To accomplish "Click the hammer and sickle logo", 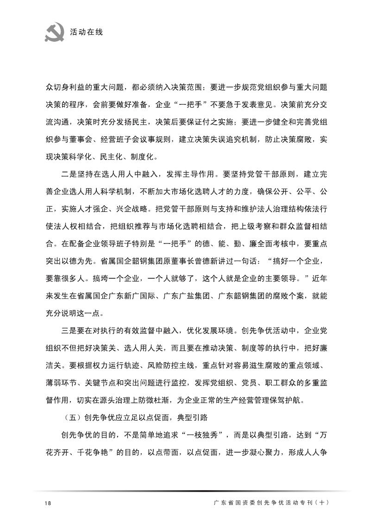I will [54, 32].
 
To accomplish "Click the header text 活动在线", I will [86, 32].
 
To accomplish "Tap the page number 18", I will [48, 503].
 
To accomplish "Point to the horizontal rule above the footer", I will [191, 491].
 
